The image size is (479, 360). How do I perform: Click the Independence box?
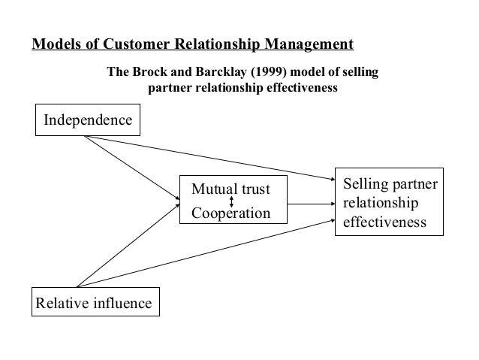click(x=88, y=120)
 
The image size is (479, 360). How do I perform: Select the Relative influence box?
click(x=92, y=303)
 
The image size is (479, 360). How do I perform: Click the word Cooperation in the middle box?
click(x=230, y=213)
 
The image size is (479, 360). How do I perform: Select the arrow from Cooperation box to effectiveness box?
click(x=310, y=204)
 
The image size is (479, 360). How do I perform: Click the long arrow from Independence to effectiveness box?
click(x=210, y=157)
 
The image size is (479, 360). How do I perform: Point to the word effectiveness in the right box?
click(x=384, y=223)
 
